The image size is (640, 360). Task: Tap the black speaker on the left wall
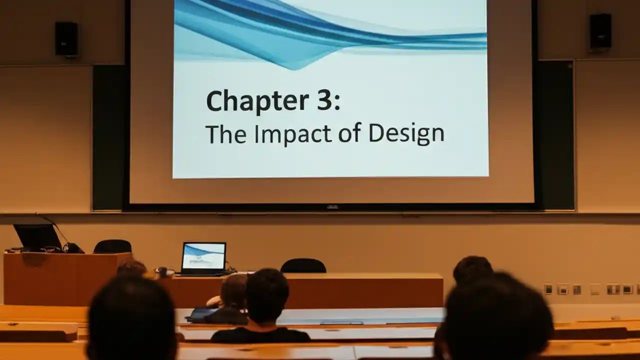pyautogui.click(x=66, y=39)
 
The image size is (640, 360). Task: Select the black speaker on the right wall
pyautogui.click(x=600, y=31)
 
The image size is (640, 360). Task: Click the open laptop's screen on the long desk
pyautogui.click(x=203, y=256)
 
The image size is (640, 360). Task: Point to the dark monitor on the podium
pyautogui.click(x=37, y=236)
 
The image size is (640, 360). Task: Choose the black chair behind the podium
pyautogui.click(x=112, y=246)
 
